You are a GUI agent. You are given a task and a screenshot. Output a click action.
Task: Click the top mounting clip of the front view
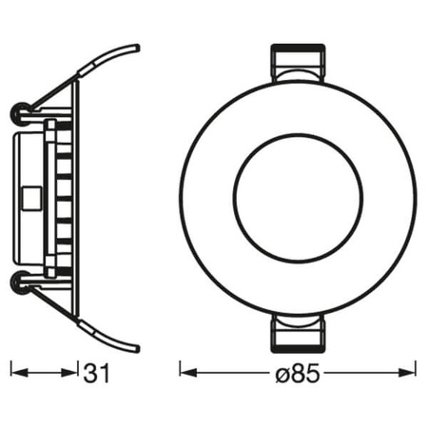click(x=298, y=65)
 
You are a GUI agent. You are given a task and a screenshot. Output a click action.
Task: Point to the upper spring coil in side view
click(x=20, y=114)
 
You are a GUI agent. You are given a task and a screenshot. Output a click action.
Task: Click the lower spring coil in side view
click(x=20, y=282)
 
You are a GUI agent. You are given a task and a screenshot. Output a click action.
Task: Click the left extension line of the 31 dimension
click(x=10, y=371)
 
